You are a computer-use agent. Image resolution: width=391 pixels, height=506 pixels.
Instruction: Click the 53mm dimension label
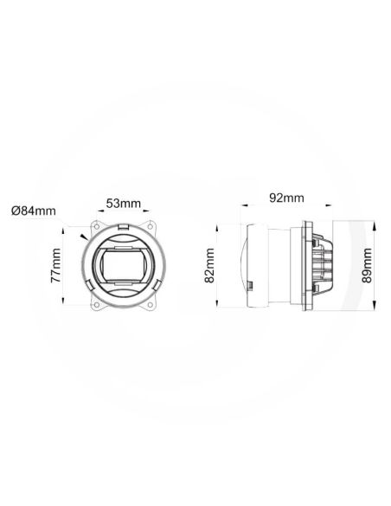tap(123, 204)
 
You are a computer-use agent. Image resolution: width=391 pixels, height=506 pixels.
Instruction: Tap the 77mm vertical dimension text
tap(55, 265)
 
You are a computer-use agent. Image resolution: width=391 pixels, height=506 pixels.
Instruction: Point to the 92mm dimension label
tap(286, 198)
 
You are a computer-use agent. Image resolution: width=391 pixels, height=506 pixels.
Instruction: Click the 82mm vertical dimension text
tap(210, 264)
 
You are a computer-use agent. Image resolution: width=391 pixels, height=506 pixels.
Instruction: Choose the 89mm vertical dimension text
tap(369, 264)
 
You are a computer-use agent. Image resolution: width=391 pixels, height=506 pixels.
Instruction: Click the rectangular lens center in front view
tap(123, 264)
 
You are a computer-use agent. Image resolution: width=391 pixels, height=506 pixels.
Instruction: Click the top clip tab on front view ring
tap(123, 227)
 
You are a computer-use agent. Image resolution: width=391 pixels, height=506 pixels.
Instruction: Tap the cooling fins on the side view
tap(324, 264)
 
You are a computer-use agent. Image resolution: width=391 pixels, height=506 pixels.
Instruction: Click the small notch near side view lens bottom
tap(249, 285)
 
